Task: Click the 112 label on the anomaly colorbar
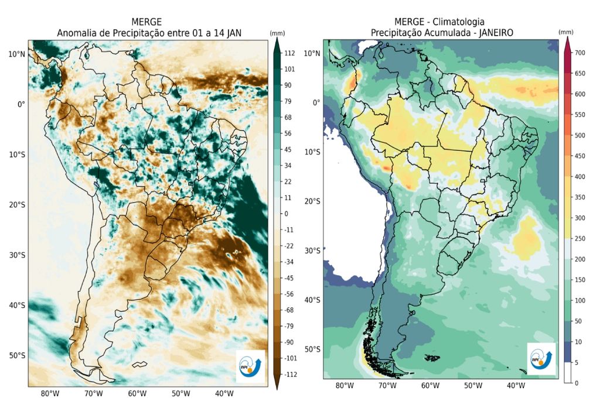pos(289,53)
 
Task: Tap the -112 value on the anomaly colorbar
pos(291,374)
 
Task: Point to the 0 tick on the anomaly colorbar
pos(287,214)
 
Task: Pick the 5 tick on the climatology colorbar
pos(577,362)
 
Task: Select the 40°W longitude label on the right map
pos(516,386)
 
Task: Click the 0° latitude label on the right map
pos(316,102)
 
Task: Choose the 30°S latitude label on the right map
pos(312,251)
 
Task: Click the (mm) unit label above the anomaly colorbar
pos(277,33)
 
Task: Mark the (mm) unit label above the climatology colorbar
pos(566,32)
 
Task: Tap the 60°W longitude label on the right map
pos(430,386)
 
